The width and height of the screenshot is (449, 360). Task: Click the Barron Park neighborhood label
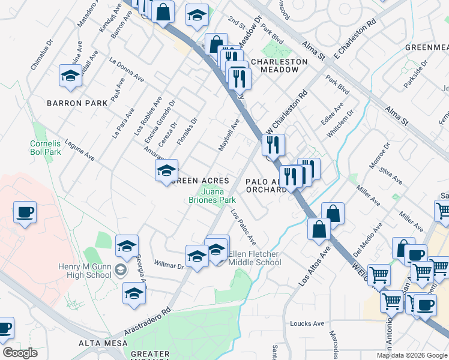coord(77,103)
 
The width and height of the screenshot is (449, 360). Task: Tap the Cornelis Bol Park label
coord(46,148)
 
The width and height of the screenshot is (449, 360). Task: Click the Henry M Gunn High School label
coord(86,271)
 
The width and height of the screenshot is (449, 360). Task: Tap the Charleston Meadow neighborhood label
coord(275,65)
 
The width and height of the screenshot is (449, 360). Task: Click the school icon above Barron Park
coord(71,76)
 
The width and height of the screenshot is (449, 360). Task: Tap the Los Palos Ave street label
coord(244,230)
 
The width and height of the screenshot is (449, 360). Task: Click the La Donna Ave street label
coord(127,68)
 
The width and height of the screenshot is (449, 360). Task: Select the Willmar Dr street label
coord(169,264)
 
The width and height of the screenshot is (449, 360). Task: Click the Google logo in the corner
coord(20,353)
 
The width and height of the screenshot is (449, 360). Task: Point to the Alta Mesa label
coord(103,343)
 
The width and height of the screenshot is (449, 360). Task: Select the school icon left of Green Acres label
coord(166,171)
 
